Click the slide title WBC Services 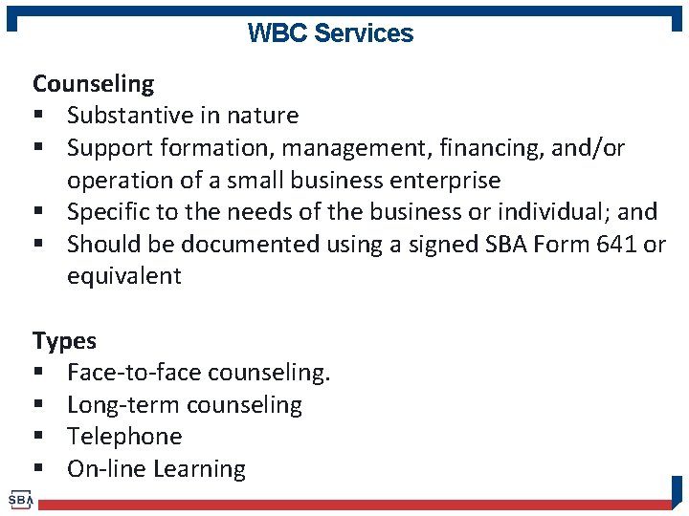point(330,33)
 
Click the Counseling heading point(93,84)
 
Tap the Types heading point(64,341)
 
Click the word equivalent point(123,276)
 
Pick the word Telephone point(124,437)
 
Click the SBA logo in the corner point(20,500)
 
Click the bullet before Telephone point(40,438)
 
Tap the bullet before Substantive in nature point(40,117)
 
